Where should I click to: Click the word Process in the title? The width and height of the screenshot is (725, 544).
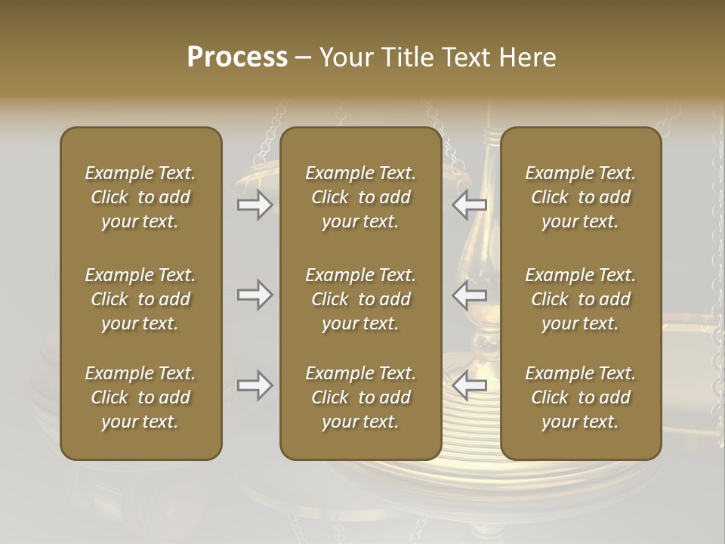pyautogui.click(x=237, y=57)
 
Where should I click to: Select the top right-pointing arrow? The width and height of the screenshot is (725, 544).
pyautogui.click(x=255, y=205)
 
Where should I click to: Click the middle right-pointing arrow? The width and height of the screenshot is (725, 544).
pyautogui.click(x=255, y=295)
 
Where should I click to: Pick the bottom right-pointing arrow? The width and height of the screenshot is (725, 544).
pyautogui.click(x=255, y=385)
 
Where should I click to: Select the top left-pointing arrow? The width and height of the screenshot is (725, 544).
pyautogui.click(x=470, y=205)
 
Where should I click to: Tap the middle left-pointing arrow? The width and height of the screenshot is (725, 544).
pyautogui.click(x=470, y=295)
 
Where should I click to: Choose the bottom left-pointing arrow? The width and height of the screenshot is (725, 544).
pyautogui.click(x=470, y=385)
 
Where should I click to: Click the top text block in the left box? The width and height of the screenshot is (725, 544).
pyautogui.click(x=140, y=197)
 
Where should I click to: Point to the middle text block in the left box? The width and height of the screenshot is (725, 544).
pyautogui.click(x=140, y=299)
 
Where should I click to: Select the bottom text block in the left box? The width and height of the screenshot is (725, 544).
pyautogui.click(x=140, y=397)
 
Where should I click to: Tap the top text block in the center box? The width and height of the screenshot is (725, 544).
pyautogui.click(x=361, y=197)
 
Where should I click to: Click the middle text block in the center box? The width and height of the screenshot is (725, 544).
pyautogui.click(x=361, y=299)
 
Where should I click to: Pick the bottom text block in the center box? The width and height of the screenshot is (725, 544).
pyautogui.click(x=361, y=397)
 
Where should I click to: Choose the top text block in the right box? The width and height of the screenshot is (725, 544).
pyautogui.click(x=581, y=197)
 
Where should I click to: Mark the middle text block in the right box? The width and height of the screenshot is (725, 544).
pyautogui.click(x=581, y=299)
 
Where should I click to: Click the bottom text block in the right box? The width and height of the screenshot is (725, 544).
pyautogui.click(x=581, y=397)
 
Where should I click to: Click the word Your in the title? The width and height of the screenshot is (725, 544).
pyautogui.click(x=345, y=57)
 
